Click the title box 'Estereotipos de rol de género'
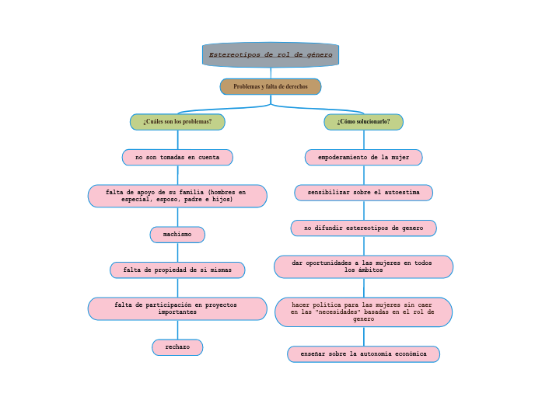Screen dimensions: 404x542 click(x=271, y=55)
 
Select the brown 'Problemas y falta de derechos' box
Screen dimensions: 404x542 click(x=271, y=86)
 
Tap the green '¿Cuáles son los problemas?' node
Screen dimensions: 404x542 click(x=177, y=122)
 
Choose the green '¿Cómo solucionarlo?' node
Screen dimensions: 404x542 click(x=363, y=122)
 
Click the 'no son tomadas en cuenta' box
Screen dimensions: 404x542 click(x=177, y=158)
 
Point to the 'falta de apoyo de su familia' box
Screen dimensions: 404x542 click(x=177, y=196)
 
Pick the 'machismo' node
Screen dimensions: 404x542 click(x=177, y=235)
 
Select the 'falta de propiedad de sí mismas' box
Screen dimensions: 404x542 click(x=177, y=270)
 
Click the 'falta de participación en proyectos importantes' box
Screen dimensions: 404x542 click(x=177, y=308)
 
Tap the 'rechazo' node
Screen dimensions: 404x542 click(x=177, y=347)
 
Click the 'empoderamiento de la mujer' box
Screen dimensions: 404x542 click(x=363, y=158)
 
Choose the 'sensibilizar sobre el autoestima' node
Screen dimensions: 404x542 click(x=363, y=193)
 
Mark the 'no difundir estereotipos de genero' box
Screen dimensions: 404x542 click(x=363, y=228)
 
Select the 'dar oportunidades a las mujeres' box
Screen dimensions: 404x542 click(x=363, y=266)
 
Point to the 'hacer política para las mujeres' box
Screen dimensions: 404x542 click(x=363, y=312)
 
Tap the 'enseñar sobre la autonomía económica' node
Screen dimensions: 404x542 click(x=363, y=354)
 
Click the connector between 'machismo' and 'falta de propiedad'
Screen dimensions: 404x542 click(x=177, y=252)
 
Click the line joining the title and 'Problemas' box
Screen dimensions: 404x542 click(x=271, y=72)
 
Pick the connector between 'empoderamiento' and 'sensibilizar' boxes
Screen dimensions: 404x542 click(x=363, y=175)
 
